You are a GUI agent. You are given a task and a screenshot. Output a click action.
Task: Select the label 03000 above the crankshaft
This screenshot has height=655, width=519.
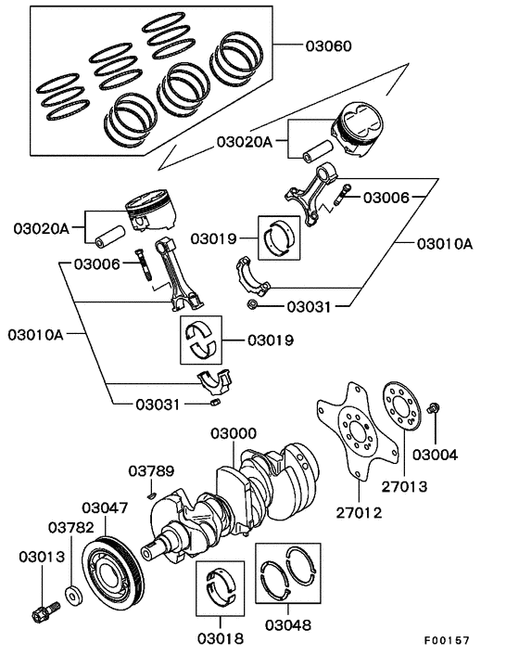tap(233, 434)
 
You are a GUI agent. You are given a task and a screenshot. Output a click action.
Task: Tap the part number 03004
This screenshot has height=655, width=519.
tap(435, 456)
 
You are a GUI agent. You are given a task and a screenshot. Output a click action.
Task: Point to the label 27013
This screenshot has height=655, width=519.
tap(404, 483)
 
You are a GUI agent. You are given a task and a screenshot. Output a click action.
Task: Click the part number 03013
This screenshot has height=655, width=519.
tap(40, 557)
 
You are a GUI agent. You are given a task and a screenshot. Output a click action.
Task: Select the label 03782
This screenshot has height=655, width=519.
tap(71, 527)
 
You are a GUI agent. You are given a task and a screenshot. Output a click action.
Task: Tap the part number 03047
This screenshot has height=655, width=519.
tap(106, 507)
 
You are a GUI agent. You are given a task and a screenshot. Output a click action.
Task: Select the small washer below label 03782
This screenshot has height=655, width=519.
tap(71, 593)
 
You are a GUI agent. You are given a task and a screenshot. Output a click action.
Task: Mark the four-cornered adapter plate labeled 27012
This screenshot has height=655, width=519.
tap(353, 429)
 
